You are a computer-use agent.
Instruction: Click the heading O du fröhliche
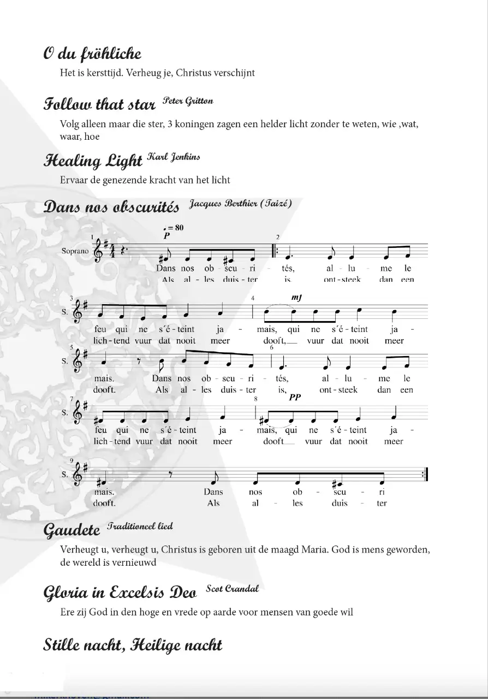92,54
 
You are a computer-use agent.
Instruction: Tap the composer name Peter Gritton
188,101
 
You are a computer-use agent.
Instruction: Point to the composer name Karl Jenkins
173,157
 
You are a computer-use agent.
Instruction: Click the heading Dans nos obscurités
111,208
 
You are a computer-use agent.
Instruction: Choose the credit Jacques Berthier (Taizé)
241,204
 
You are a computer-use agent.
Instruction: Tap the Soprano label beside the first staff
75,252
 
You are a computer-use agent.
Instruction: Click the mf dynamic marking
296,298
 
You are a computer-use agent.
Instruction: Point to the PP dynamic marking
295,398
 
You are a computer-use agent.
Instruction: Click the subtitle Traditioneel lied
140,526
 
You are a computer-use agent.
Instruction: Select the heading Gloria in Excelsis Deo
120,593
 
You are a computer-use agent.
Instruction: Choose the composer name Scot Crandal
232,589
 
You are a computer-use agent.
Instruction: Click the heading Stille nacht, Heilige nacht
133,645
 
